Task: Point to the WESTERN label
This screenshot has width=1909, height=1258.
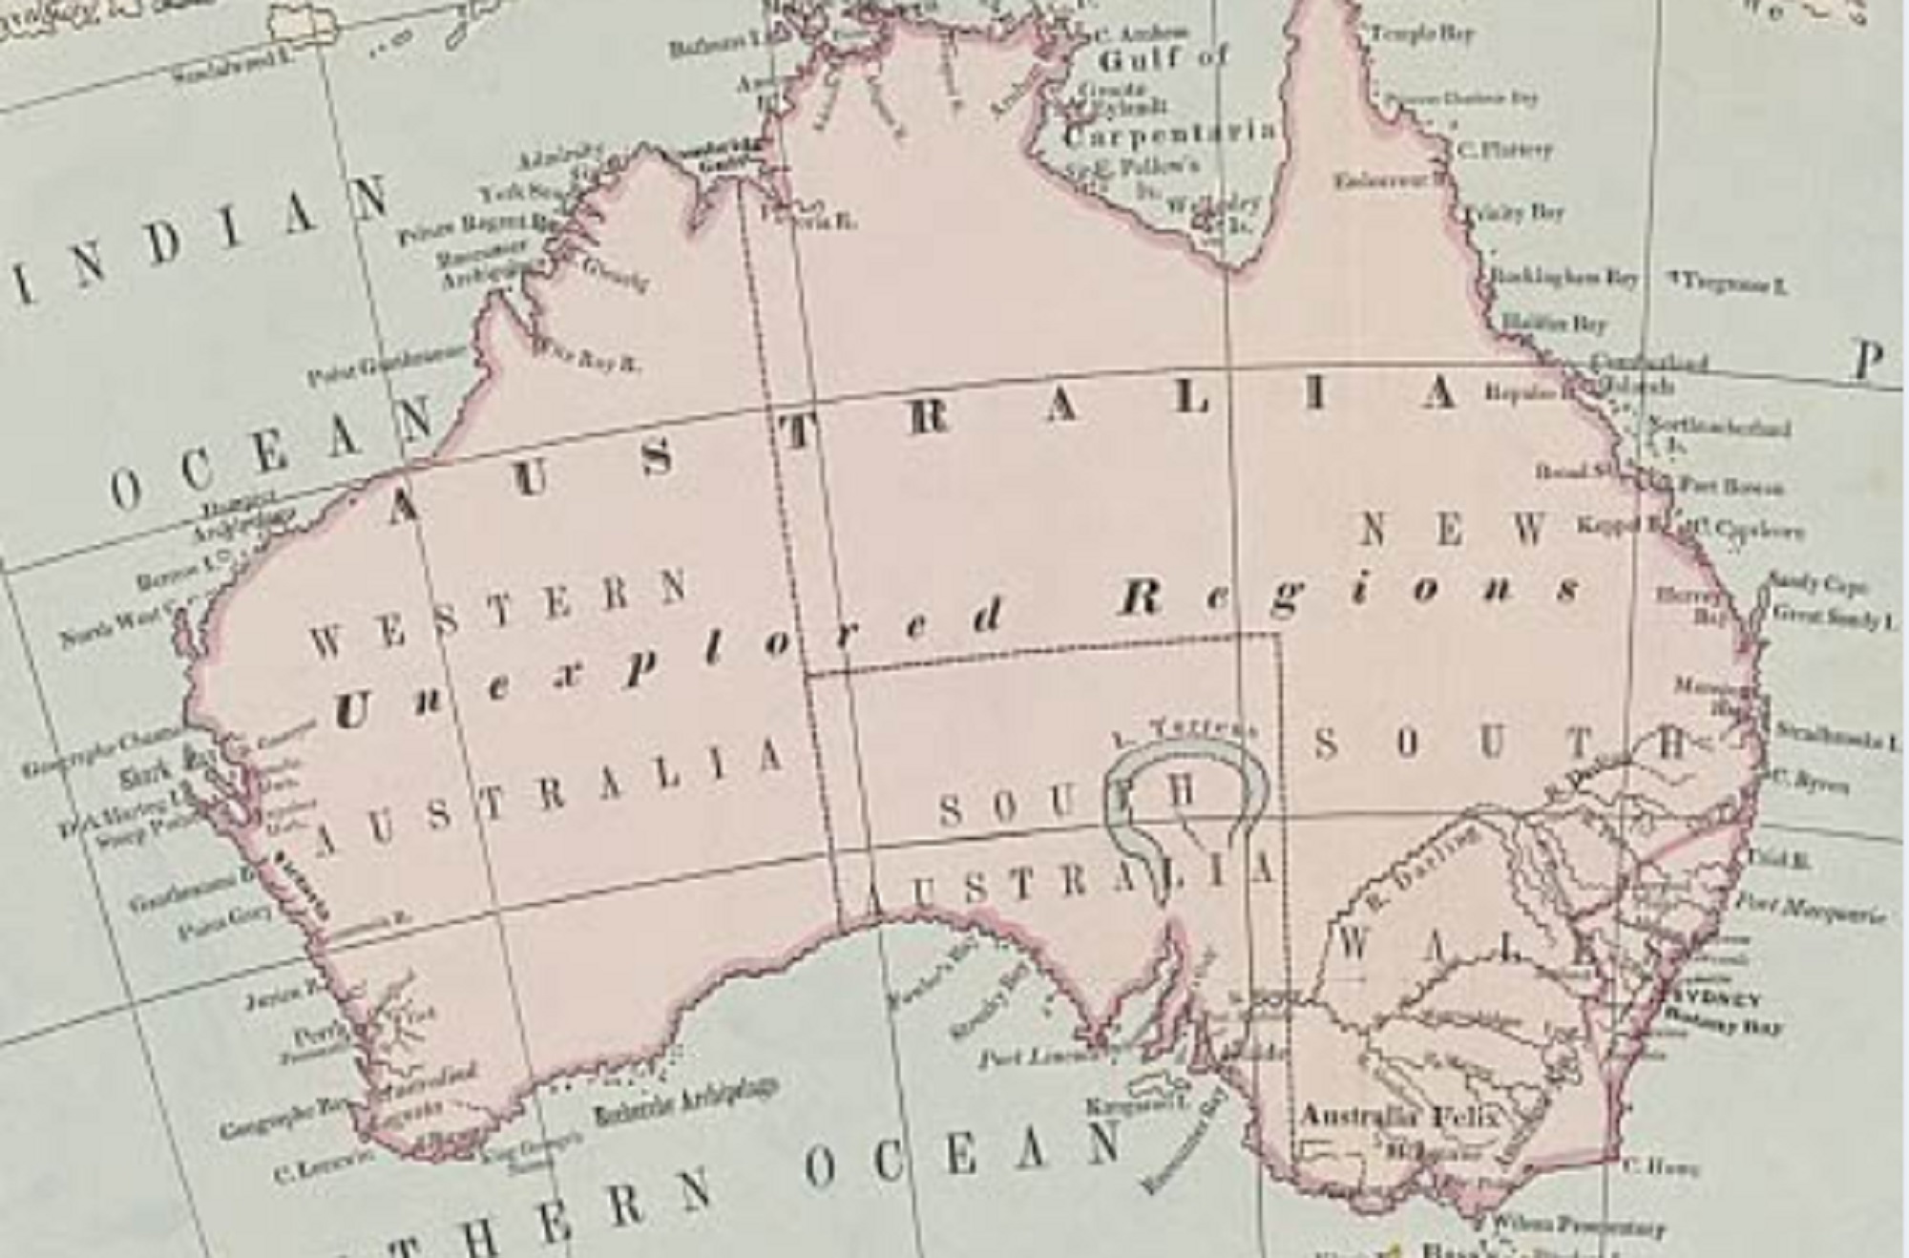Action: (x=496, y=611)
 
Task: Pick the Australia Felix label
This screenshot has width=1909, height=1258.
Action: (x=1399, y=1116)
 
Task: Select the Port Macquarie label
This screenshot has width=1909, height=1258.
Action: (x=1809, y=908)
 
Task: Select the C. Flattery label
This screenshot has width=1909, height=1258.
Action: (x=1504, y=150)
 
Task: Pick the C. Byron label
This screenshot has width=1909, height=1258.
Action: (x=1810, y=783)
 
